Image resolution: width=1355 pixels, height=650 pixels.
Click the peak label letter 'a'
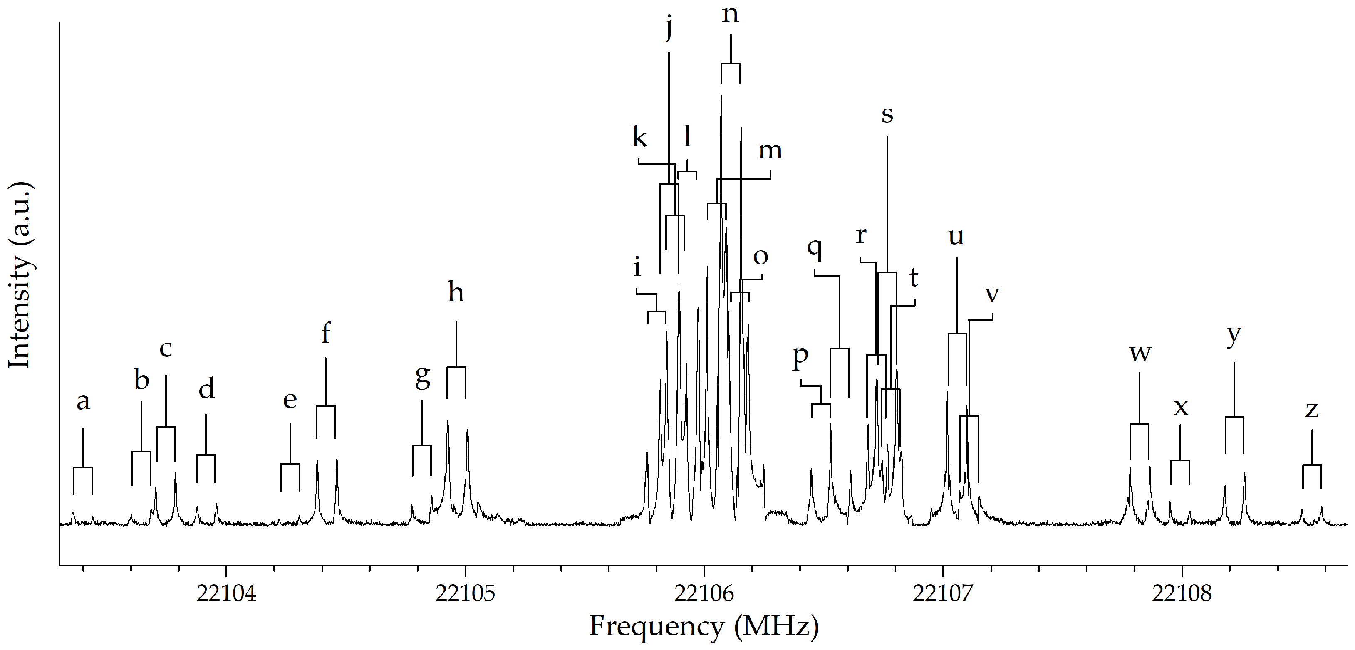[83, 402]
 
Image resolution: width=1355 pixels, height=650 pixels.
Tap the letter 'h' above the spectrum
[456, 292]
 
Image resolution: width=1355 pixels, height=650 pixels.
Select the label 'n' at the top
[730, 14]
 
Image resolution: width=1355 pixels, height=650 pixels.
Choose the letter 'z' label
[1312, 410]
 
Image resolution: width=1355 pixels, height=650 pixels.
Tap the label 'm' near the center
[770, 151]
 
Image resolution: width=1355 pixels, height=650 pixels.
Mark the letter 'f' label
[326, 333]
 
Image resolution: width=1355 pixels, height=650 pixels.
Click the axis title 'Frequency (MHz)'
[704, 626]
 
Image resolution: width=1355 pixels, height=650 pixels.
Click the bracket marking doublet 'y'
[1234, 418]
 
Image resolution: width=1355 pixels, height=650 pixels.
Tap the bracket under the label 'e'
[290, 465]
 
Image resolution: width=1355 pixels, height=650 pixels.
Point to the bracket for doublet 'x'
[1180, 461]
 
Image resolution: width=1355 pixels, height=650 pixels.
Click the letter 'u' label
[956, 237]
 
